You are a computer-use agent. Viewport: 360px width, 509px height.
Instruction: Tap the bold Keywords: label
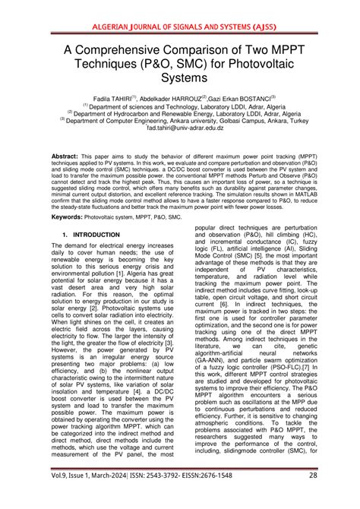tap(68, 217)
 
